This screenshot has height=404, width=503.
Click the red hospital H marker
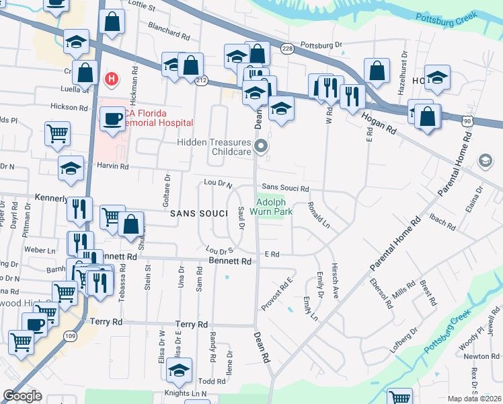[x=112, y=79]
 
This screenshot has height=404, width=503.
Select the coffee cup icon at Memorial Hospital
[x=112, y=119]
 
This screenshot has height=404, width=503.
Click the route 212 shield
[x=201, y=80]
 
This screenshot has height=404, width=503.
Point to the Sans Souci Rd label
[x=285, y=189]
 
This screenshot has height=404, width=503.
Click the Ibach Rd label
[x=442, y=219]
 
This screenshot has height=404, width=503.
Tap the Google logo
[x=22, y=396]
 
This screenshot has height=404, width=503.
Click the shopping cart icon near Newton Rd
[x=401, y=397]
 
